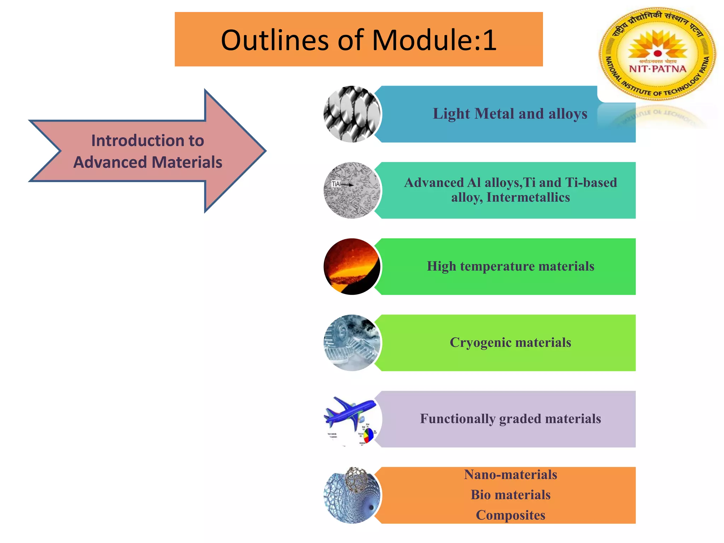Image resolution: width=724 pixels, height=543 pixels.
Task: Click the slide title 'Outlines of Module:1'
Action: click(x=358, y=40)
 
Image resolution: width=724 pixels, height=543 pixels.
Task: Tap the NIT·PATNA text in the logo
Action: click(x=657, y=69)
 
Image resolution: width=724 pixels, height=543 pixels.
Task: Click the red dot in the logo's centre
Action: click(x=658, y=53)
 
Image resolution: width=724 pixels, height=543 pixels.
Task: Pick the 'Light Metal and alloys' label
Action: click(x=510, y=114)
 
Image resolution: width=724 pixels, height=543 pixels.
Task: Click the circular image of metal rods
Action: click(x=352, y=114)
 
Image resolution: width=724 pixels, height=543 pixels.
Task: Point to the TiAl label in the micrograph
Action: click(x=336, y=184)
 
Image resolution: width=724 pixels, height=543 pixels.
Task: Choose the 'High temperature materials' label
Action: click(x=510, y=266)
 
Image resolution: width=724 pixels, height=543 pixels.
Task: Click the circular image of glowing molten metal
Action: click(x=352, y=266)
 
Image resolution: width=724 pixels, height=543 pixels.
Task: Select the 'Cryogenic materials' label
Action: click(x=510, y=343)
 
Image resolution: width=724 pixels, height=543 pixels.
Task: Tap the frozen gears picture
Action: click(x=352, y=343)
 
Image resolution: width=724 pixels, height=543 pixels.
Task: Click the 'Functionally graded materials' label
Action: click(x=510, y=419)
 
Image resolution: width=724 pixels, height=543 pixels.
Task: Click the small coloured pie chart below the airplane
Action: click(x=368, y=435)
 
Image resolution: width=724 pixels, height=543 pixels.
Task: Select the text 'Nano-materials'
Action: click(x=510, y=475)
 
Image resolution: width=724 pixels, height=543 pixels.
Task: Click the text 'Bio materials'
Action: click(x=510, y=495)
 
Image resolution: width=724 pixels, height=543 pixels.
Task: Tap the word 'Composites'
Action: click(x=510, y=515)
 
